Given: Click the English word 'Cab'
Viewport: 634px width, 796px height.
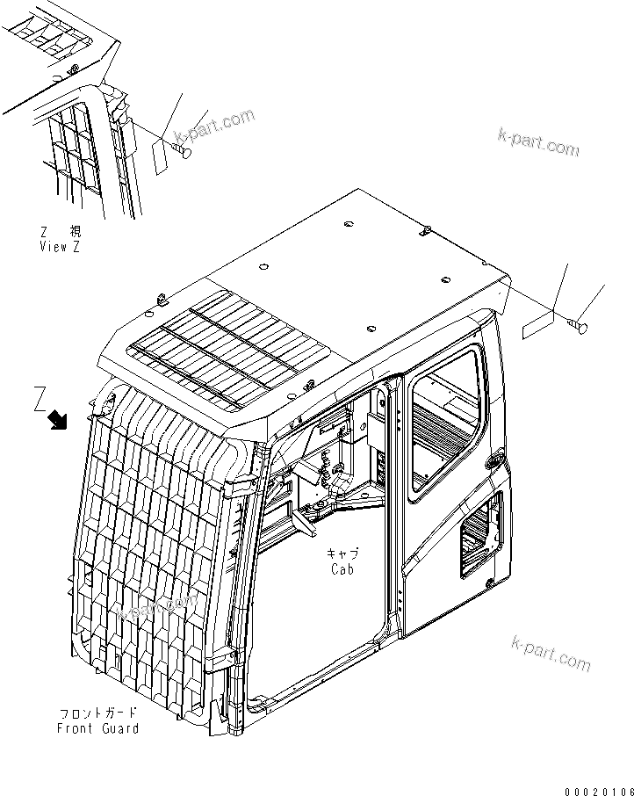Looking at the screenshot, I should click(x=342, y=569).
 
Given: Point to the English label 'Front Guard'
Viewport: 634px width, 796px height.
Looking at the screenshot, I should click(x=98, y=728).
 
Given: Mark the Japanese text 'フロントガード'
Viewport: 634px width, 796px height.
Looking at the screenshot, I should click(x=97, y=713).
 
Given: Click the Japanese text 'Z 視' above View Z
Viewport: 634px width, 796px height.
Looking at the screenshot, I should click(x=62, y=232).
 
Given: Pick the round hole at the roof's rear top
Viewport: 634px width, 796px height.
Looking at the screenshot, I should click(x=348, y=226).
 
